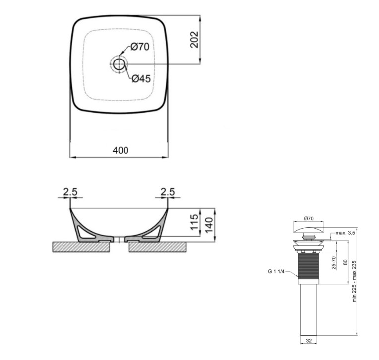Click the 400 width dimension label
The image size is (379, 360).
[121, 151]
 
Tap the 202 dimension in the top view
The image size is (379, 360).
[194, 39]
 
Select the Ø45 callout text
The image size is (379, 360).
[141, 78]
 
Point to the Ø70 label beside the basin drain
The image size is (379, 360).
[140, 47]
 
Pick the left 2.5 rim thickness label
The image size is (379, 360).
[70, 192]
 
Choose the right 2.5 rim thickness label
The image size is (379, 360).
[168, 192]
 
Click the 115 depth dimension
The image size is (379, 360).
[194, 222]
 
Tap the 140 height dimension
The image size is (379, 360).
[209, 225]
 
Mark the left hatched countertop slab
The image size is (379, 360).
[81, 247]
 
